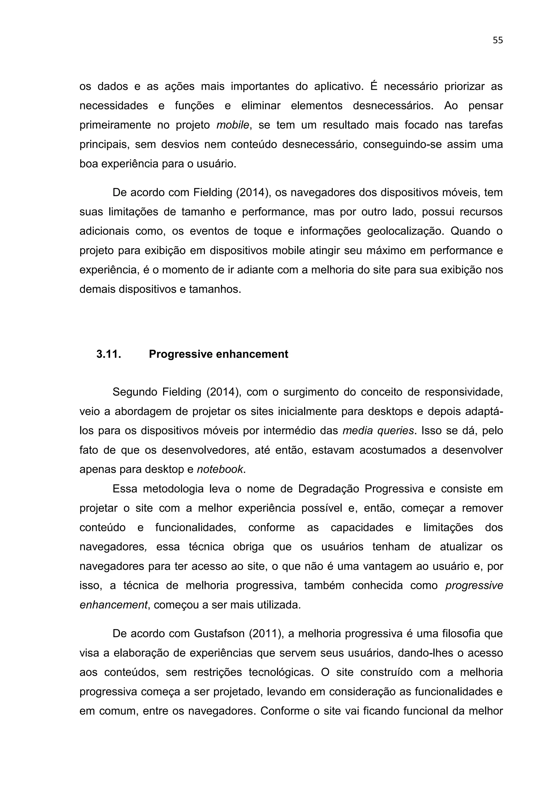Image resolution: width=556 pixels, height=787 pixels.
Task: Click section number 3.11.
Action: coord(109,354)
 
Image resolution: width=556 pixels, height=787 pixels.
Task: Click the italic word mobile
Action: coord(232,125)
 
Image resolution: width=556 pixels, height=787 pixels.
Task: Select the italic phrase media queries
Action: coord(378,430)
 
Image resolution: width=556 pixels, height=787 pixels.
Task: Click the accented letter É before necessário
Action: coord(374,86)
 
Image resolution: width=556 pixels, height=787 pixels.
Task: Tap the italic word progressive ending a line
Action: coord(474,585)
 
